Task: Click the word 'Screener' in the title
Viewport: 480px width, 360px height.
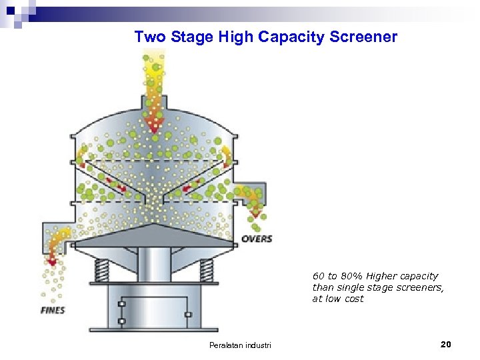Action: click(x=363, y=37)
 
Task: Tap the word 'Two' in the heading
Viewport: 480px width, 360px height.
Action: click(x=150, y=37)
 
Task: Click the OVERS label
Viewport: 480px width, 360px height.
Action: click(x=256, y=239)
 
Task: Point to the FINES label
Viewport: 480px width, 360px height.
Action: click(x=53, y=310)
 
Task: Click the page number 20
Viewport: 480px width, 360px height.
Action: click(x=446, y=344)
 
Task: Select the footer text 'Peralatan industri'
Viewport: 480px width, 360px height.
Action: click(x=241, y=345)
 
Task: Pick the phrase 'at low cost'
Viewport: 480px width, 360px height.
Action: click(x=338, y=299)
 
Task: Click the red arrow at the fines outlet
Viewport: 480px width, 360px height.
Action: click(x=53, y=261)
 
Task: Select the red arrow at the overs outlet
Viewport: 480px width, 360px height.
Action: click(x=255, y=215)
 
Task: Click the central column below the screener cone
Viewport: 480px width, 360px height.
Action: click(x=154, y=267)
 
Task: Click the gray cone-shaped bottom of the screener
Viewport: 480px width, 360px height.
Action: click(x=154, y=233)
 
